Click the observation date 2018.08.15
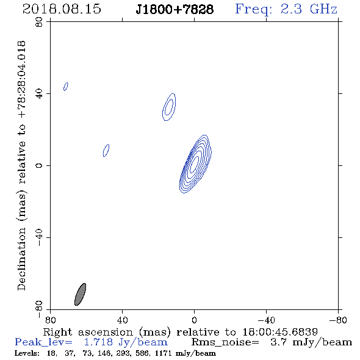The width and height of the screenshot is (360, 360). click(62, 9)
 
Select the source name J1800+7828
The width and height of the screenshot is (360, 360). click(175, 10)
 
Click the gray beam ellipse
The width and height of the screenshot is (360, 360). click(80, 294)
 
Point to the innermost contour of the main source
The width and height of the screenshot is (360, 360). click(195, 164)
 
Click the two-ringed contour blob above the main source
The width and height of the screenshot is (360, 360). click(169, 107)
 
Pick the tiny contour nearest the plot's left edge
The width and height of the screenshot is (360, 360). click(66, 87)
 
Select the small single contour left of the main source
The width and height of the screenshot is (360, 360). click(106, 150)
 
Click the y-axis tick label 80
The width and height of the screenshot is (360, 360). click(39, 22)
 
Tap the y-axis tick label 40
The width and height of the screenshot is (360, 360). click(39, 94)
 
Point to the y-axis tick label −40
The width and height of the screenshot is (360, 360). click(39, 237)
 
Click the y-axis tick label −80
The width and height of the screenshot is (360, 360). click(39, 309)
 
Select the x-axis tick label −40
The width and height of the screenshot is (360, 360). click(266, 320)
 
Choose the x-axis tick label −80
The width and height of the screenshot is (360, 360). click(338, 320)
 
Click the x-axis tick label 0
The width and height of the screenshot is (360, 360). click(194, 320)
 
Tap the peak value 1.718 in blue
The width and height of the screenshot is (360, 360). click(98, 342)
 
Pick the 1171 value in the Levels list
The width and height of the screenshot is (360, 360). click(163, 353)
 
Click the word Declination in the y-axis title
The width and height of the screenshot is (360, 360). click(21, 259)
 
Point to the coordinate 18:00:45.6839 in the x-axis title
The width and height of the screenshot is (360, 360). click(280, 332)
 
